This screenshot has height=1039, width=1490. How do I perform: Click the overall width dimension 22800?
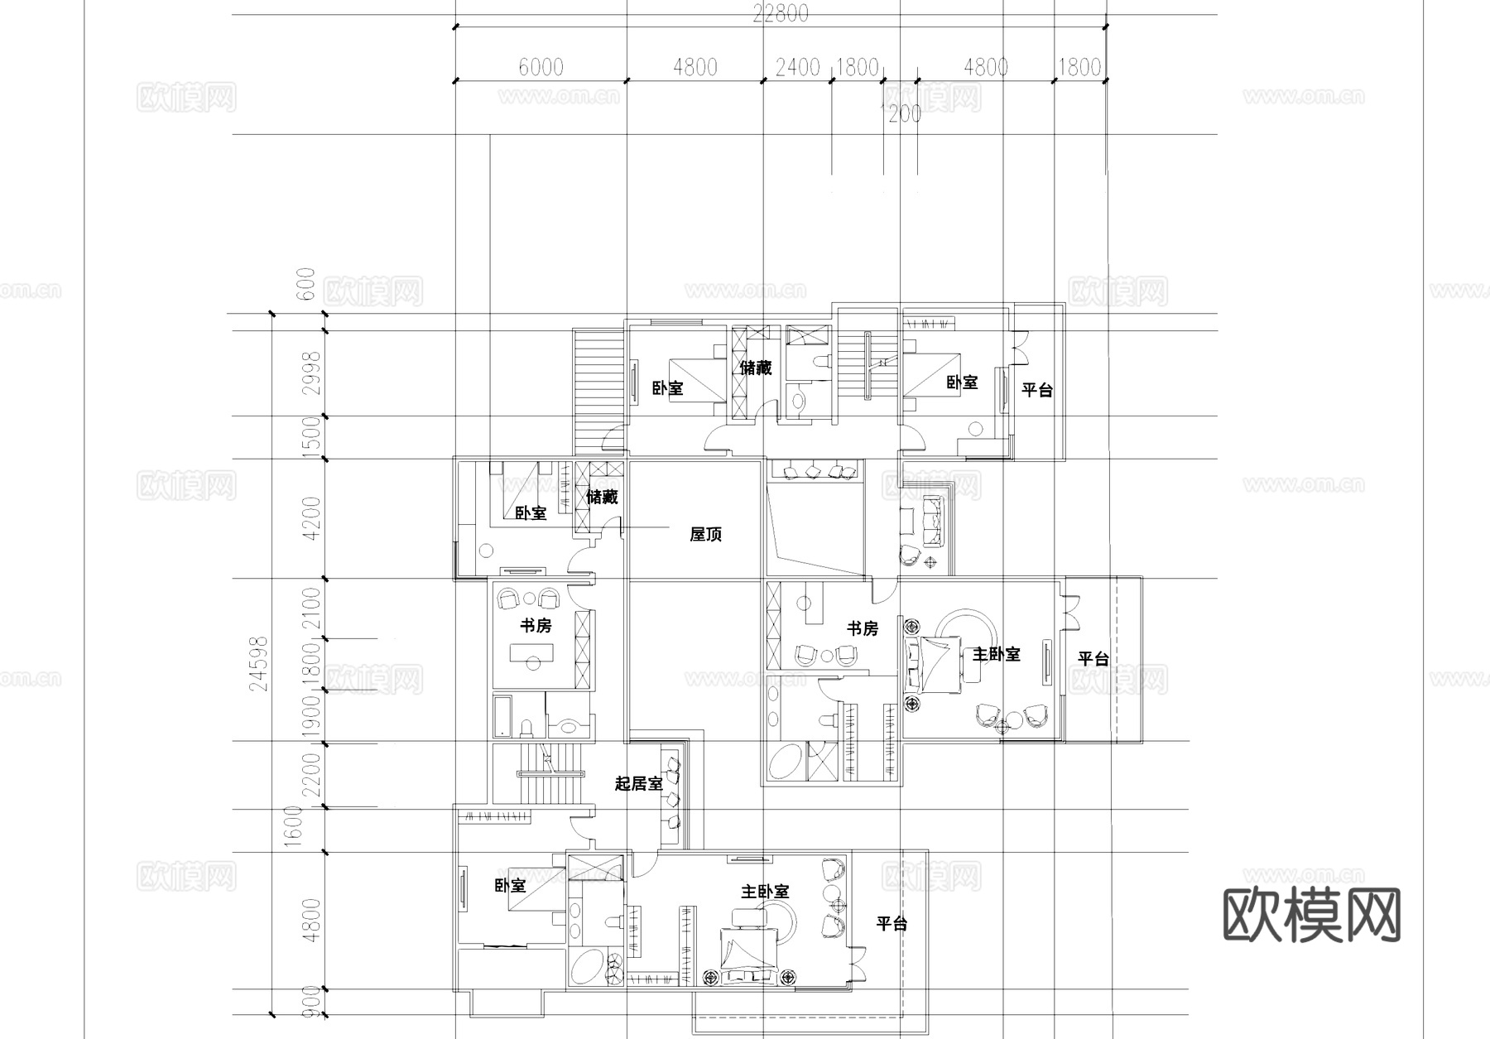point(781,14)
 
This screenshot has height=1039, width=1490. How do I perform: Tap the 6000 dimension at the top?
point(541,67)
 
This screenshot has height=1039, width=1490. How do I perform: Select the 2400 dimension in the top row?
point(797,67)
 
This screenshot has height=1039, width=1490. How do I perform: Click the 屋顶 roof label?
point(705,535)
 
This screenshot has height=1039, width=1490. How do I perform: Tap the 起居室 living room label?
point(638,783)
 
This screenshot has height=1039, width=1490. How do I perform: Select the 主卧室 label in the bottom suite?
point(764,892)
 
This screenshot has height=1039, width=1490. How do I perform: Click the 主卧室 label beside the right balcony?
point(995,654)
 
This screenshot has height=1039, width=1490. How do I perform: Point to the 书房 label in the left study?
point(535,626)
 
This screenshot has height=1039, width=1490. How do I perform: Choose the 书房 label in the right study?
point(862,629)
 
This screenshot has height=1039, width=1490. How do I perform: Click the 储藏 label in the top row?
point(755,368)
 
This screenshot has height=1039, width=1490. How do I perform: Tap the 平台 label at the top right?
point(1036,390)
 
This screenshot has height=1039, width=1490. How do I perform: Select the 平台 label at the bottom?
point(892,924)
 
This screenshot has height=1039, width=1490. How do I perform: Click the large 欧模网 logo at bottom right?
point(1311,916)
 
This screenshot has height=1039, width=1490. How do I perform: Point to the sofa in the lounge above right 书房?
point(933,521)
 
